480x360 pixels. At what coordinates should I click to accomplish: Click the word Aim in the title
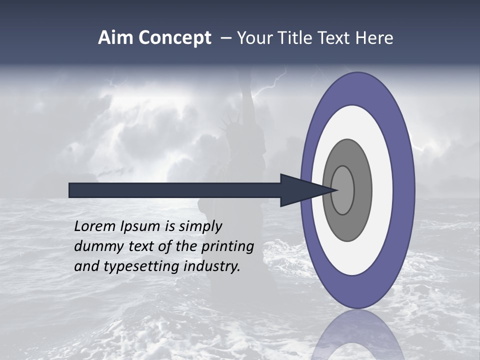click(x=115, y=38)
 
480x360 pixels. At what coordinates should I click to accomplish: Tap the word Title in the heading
click(x=302, y=38)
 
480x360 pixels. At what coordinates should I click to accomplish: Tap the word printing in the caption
click(x=227, y=247)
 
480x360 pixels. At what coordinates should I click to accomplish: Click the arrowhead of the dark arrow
click(x=300, y=190)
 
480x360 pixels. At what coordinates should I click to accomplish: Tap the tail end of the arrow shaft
click(x=72, y=190)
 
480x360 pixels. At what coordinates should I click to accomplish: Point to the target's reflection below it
click(x=357, y=335)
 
